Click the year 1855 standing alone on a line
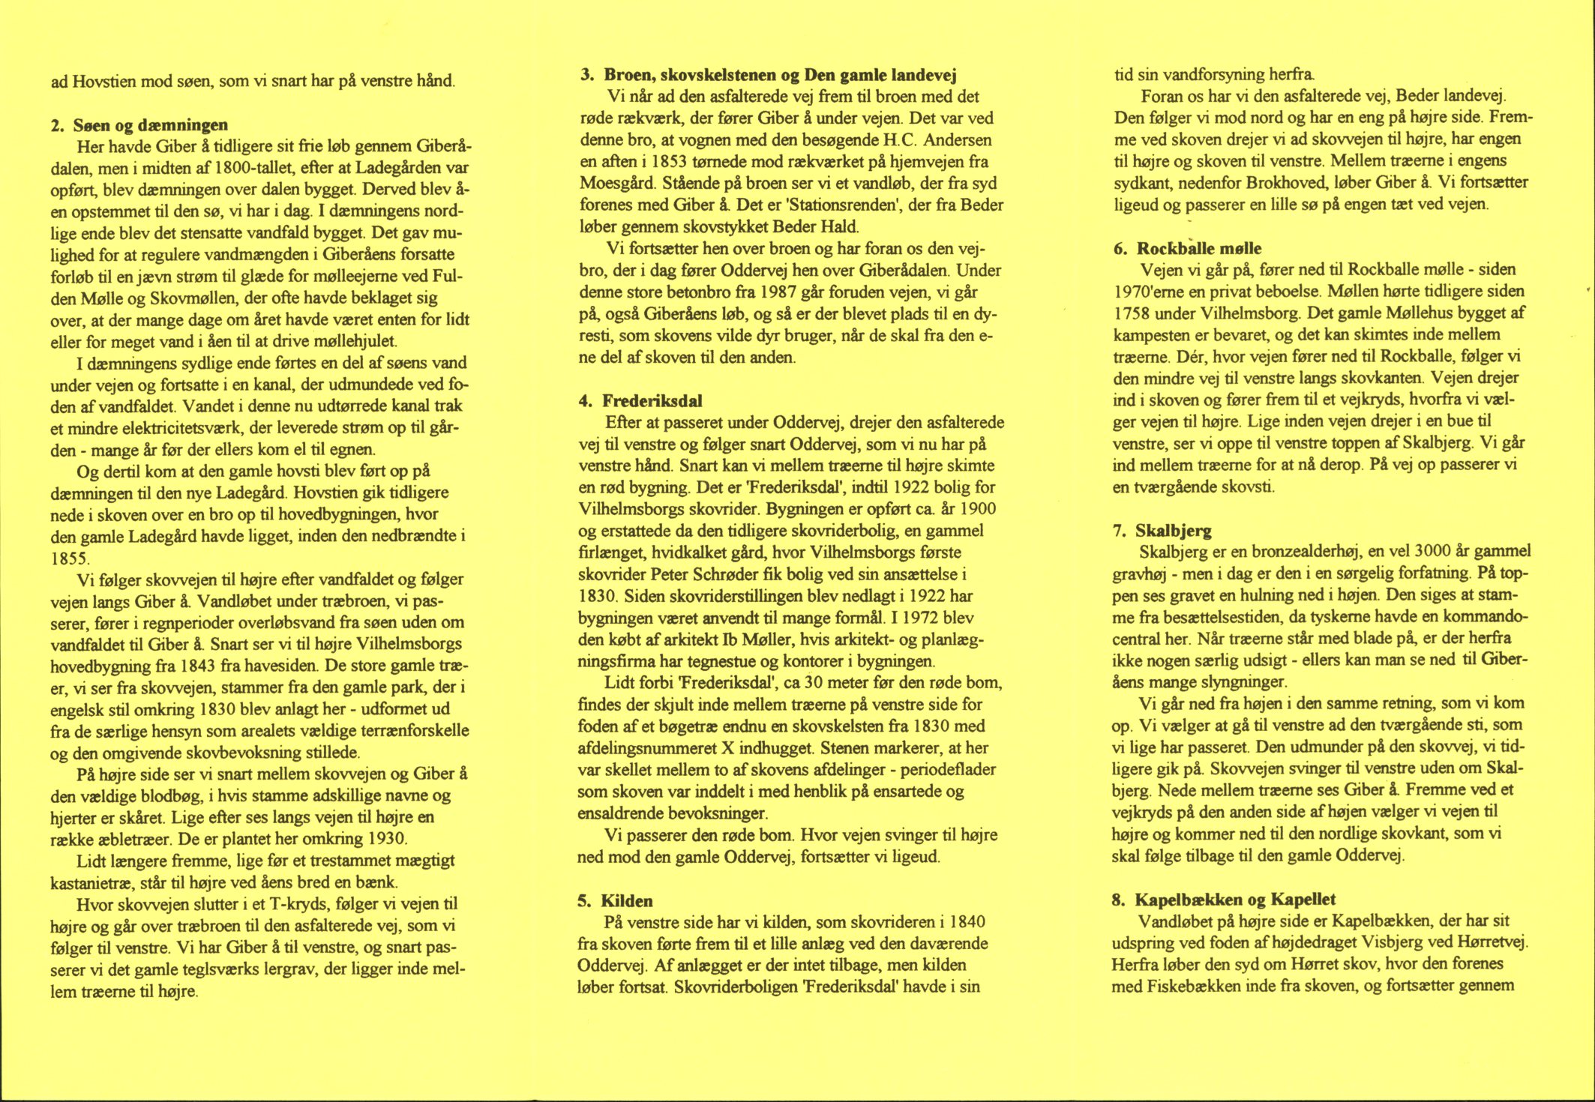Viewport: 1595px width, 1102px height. point(70,558)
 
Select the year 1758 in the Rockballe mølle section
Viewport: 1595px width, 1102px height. point(1133,313)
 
